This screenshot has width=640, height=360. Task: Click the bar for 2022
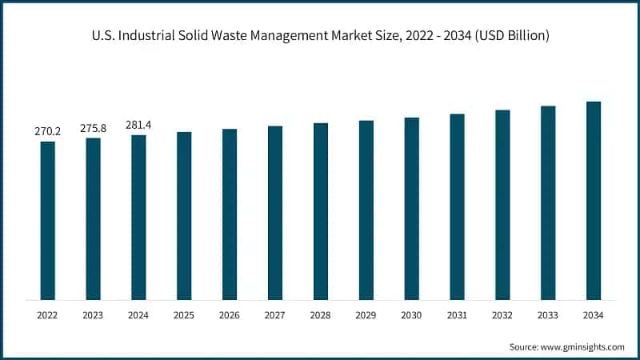pos(48,221)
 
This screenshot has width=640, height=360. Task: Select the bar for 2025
pos(184,216)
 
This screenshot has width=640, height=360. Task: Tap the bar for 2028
pos(321,211)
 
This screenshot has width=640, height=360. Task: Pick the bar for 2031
pos(457,207)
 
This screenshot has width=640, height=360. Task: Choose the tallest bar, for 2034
pos(594,201)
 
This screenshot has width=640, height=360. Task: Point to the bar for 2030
pos(411,209)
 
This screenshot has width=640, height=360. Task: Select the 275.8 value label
pos(94,127)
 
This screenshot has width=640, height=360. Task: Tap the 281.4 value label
pos(139,124)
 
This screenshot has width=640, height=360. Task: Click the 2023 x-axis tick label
pos(94,316)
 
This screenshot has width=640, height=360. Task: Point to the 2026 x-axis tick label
pos(230,316)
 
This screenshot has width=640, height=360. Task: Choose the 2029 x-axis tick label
pos(366,316)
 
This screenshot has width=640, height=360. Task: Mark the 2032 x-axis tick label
pos(502,316)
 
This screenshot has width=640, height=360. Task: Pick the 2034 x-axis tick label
pos(594,316)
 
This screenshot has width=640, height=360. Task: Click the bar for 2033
pos(548,203)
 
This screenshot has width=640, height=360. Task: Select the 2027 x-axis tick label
pos(275,316)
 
